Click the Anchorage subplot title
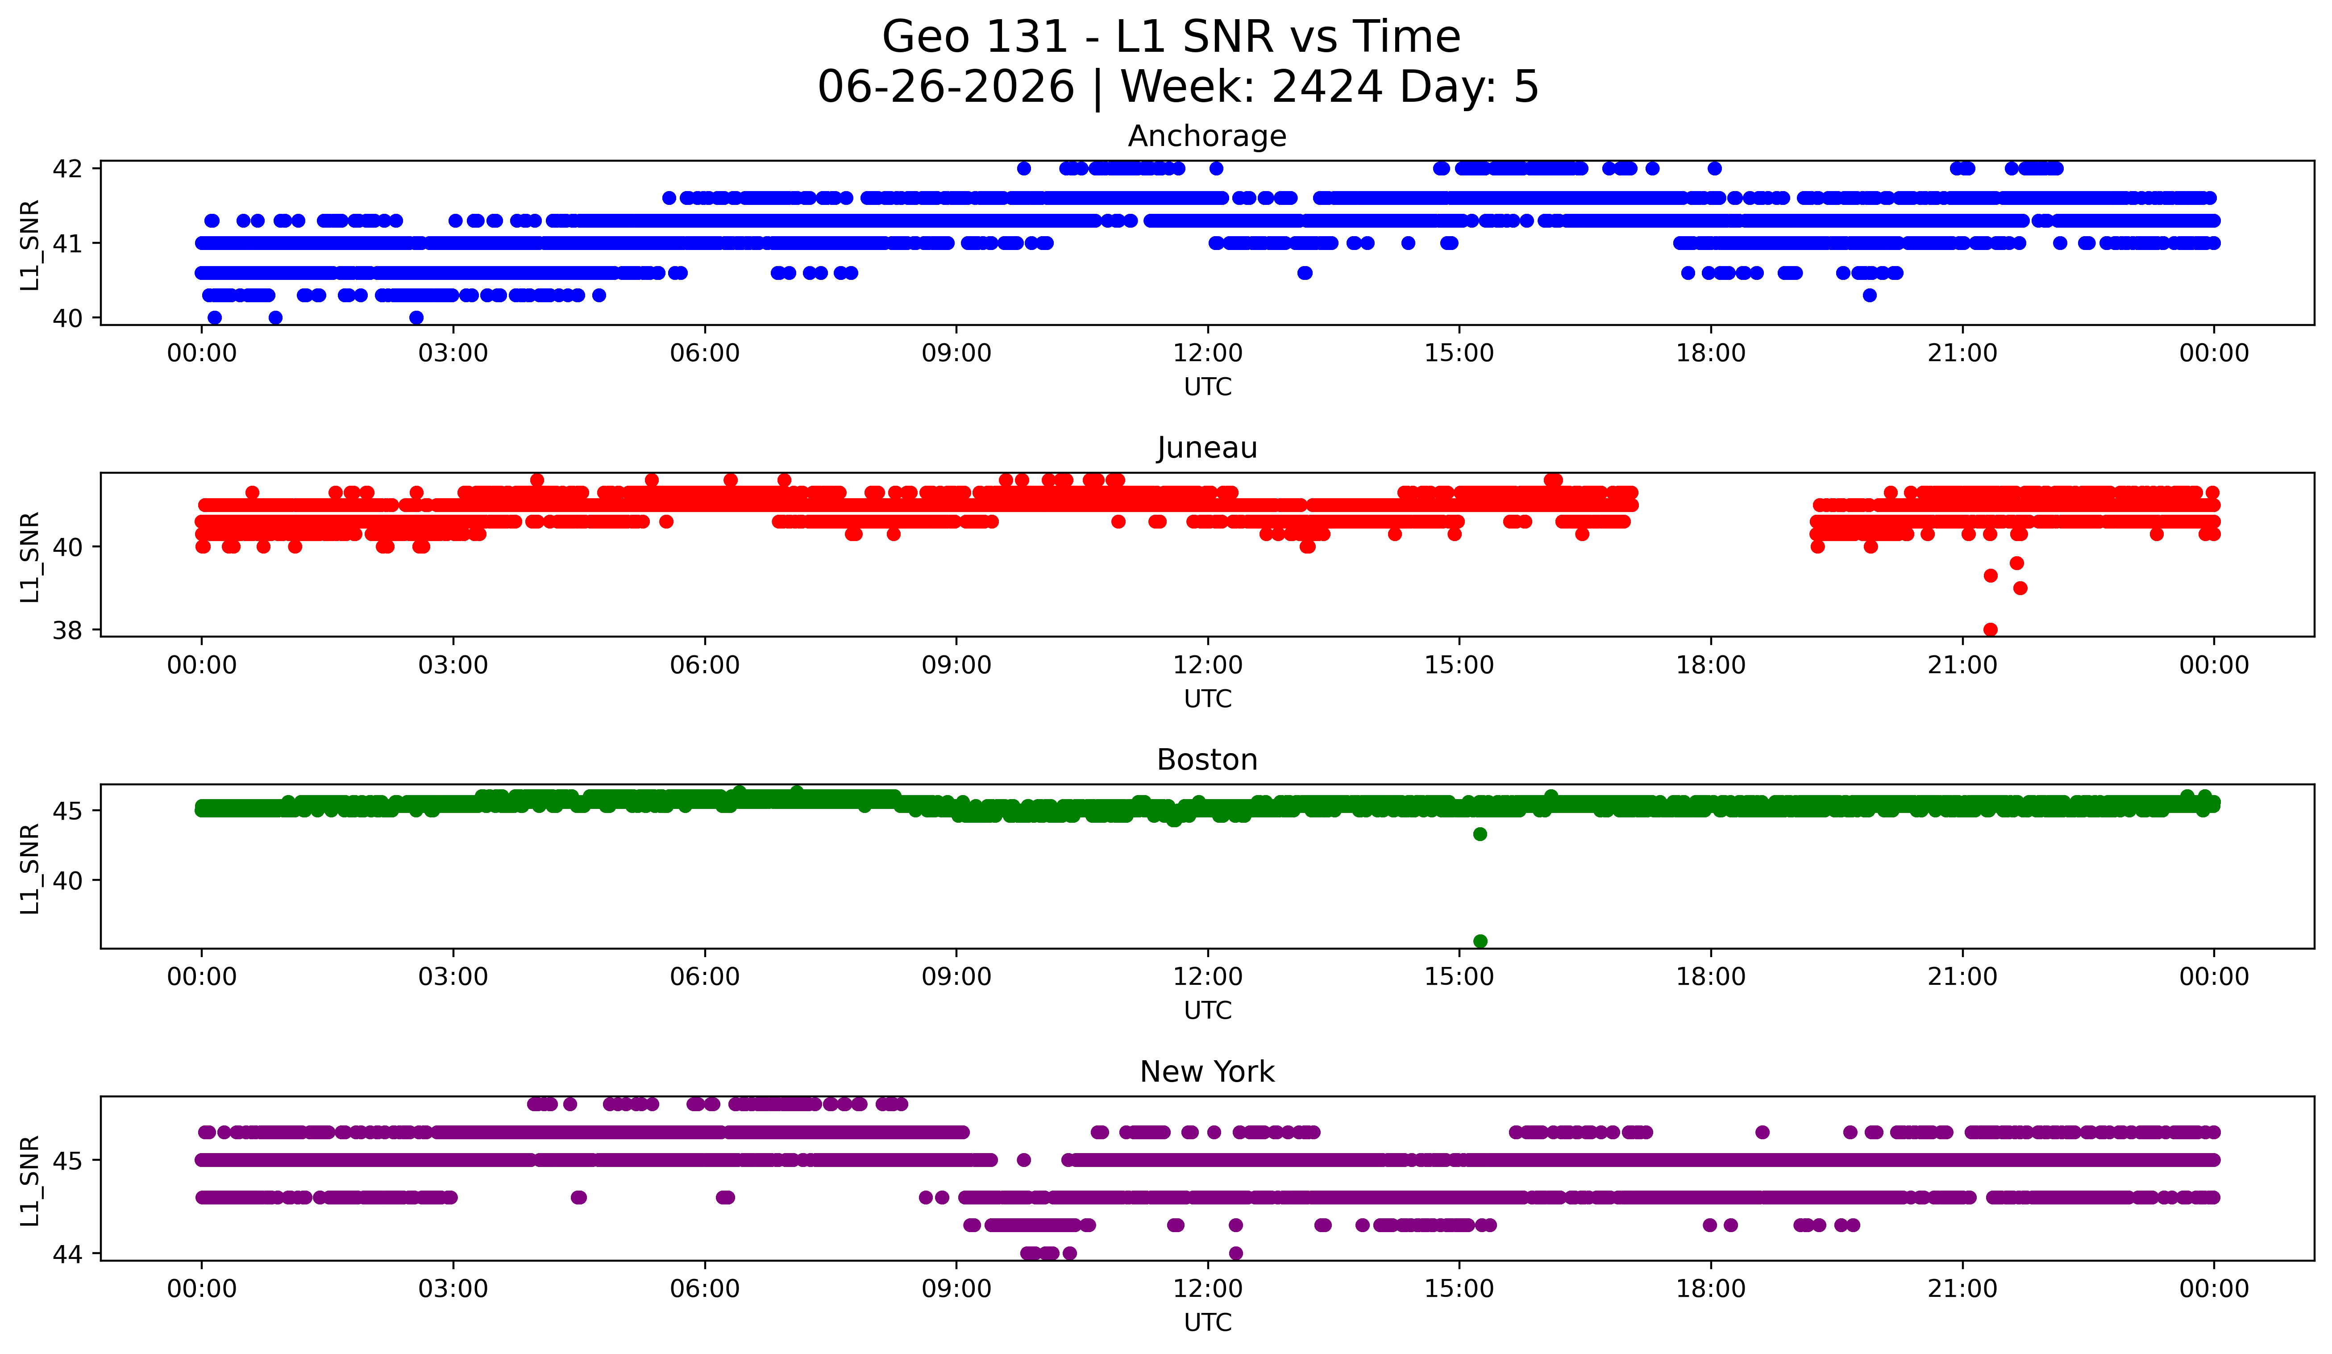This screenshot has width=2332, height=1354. [x=1207, y=136]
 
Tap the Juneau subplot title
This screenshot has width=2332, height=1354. [x=1207, y=448]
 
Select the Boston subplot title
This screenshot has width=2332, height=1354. [x=1207, y=760]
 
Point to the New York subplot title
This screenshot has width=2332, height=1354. [x=1207, y=1072]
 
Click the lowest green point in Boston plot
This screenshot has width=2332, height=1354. [x=1480, y=941]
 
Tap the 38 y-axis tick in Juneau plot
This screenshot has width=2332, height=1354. [x=67, y=630]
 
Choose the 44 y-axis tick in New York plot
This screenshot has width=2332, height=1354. [x=67, y=1254]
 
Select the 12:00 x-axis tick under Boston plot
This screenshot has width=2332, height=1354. [x=1208, y=976]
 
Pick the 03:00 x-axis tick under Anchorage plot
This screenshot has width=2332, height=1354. [x=453, y=353]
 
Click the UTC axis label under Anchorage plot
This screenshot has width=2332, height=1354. [x=1208, y=387]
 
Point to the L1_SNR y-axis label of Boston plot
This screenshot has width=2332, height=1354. [x=29, y=868]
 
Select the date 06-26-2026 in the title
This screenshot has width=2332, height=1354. [x=946, y=86]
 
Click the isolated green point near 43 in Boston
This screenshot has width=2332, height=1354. [x=1480, y=834]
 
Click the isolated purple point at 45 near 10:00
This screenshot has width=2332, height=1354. [x=1023, y=1160]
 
